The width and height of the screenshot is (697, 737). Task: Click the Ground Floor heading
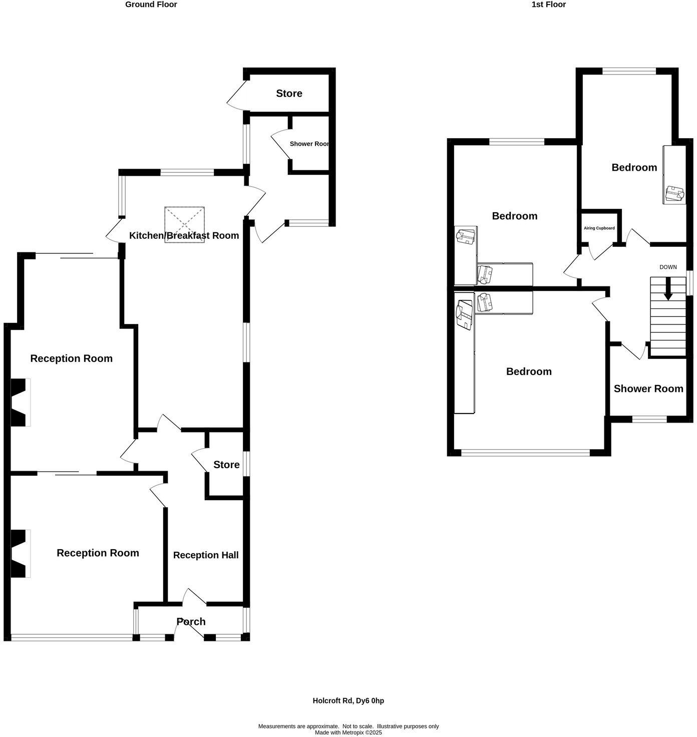151,5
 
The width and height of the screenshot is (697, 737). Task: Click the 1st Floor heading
548,5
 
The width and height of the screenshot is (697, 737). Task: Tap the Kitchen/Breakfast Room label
184,235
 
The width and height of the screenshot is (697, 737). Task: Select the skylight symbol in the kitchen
184,224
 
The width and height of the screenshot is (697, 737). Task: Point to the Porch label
191,621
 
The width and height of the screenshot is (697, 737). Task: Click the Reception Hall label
206,555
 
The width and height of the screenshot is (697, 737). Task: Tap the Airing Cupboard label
599,228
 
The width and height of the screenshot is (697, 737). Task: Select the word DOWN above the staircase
667,267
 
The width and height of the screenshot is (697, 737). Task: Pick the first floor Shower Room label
648,389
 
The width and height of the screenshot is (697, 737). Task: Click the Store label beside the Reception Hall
226,465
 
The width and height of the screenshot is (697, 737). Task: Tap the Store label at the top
289,93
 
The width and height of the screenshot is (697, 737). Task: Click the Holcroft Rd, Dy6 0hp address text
348,700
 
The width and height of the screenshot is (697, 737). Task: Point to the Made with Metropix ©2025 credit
348,732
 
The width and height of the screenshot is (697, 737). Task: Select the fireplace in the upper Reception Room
20,403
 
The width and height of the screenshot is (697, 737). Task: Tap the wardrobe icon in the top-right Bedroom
674,193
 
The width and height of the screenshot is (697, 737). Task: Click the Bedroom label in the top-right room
634,167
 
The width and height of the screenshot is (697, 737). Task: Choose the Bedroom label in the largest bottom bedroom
528,372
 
